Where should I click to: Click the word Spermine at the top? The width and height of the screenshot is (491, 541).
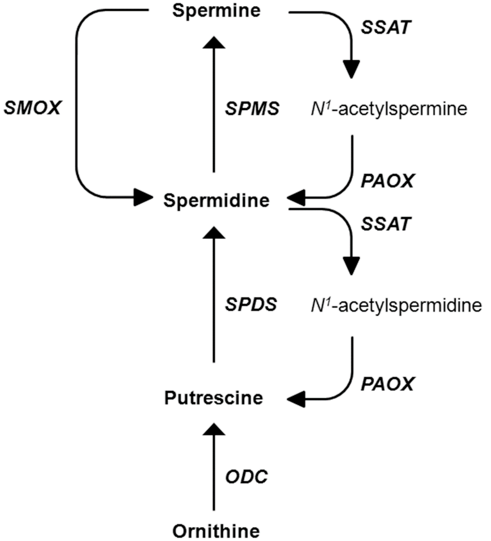click(216, 11)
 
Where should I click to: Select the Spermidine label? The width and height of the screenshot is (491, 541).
click(216, 200)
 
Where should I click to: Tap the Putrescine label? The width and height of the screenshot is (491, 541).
click(214, 398)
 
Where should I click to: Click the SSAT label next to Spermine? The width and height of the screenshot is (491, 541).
click(386, 27)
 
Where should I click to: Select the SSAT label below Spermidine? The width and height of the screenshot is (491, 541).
click(386, 224)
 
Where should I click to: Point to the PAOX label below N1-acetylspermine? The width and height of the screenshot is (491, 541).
click(387, 181)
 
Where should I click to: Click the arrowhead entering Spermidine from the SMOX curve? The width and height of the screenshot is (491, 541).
click(142, 197)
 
